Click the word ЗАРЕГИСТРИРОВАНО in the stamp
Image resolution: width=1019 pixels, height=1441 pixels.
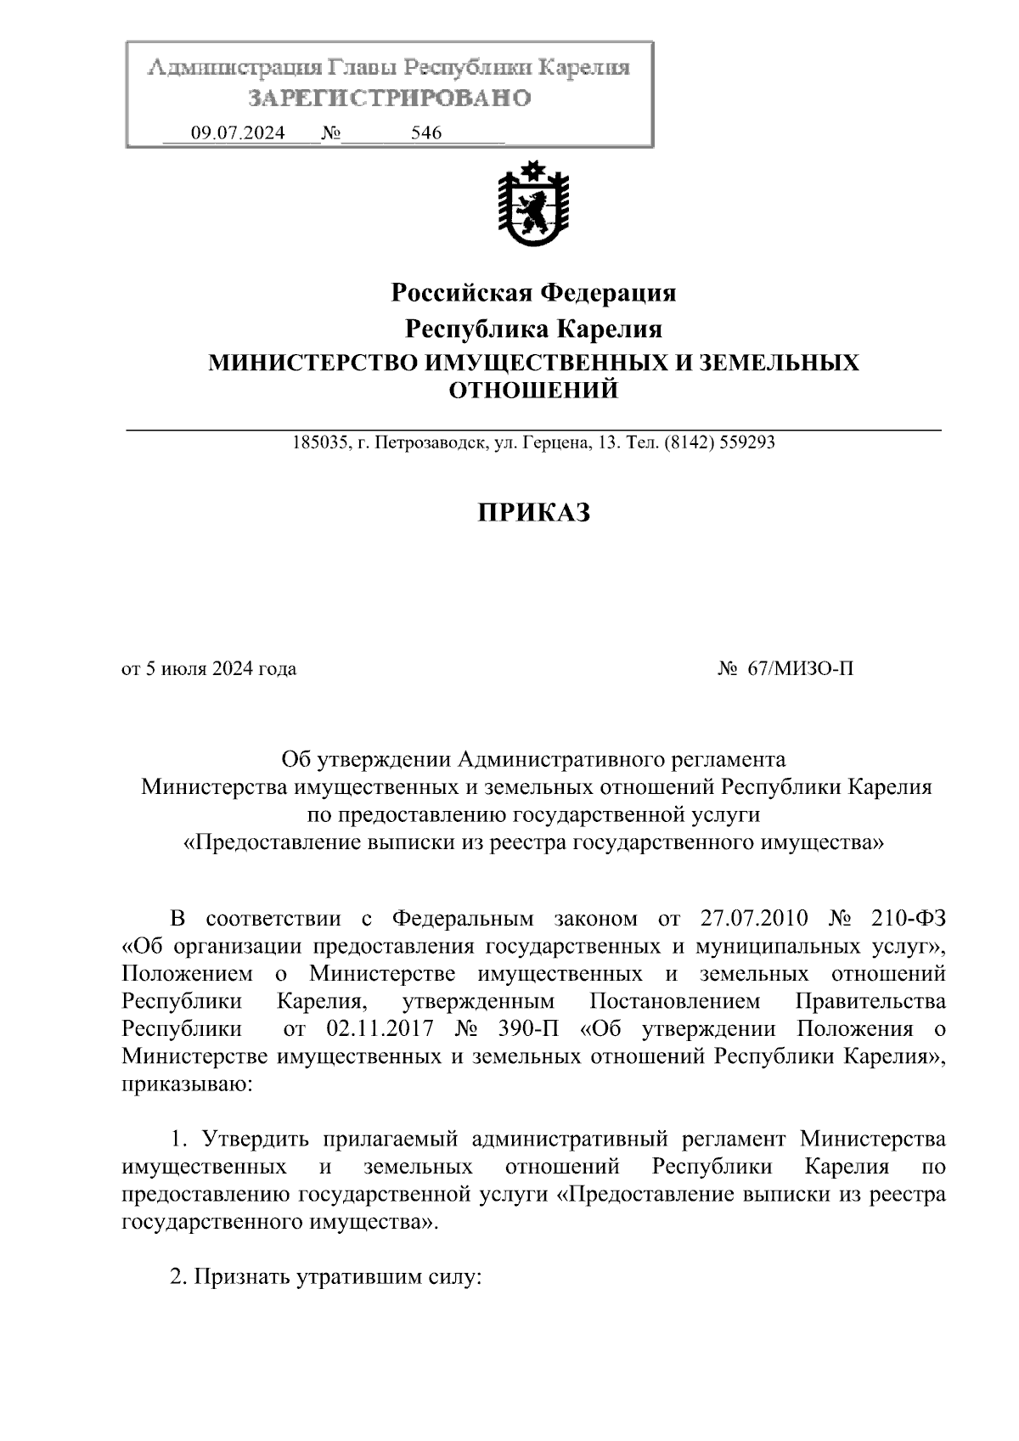coord(389,99)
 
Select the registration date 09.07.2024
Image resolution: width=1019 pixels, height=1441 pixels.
coord(238,133)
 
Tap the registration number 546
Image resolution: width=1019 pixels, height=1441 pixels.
coord(426,133)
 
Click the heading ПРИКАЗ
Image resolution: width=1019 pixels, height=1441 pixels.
coord(532,513)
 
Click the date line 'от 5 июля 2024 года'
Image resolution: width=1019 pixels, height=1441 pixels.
coord(210,669)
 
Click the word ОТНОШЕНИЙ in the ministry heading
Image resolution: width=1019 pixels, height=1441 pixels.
coord(532,391)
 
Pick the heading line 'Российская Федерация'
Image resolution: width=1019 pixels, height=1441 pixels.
coord(532,293)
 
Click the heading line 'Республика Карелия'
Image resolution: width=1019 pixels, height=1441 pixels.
coord(532,329)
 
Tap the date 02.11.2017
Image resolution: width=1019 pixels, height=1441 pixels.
coord(380,1029)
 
